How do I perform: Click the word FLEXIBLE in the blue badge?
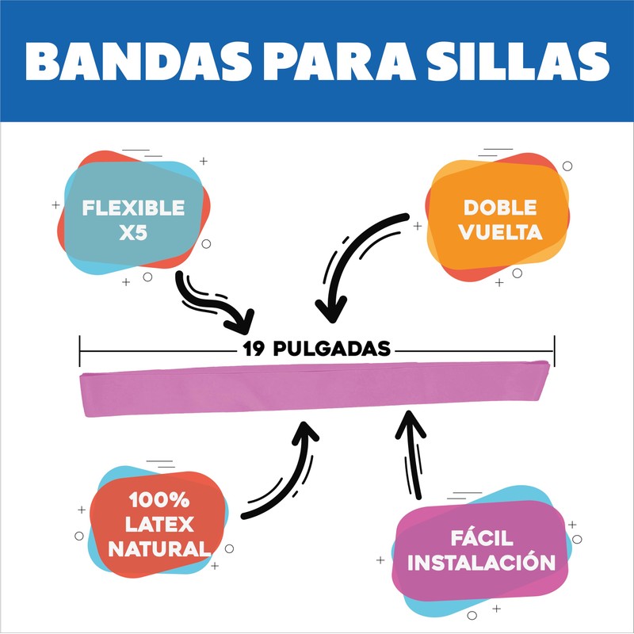[134, 208]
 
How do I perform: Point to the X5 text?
[133, 234]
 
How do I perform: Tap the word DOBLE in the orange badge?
[500, 208]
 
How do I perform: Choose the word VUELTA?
[500, 233]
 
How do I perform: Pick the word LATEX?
[159, 525]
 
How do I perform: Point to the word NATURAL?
[159, 548]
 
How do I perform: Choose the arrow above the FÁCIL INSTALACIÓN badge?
[411, 452]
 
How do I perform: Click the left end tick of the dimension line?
[81, 349]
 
